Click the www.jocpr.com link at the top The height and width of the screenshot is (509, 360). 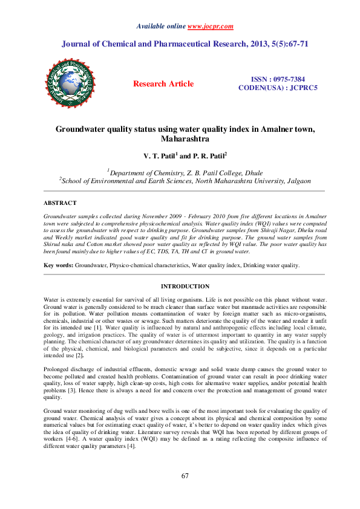tap(211, 27)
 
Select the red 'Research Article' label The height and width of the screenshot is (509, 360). tap(163, 84)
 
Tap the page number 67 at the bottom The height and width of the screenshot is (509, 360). tap(186, 476)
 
